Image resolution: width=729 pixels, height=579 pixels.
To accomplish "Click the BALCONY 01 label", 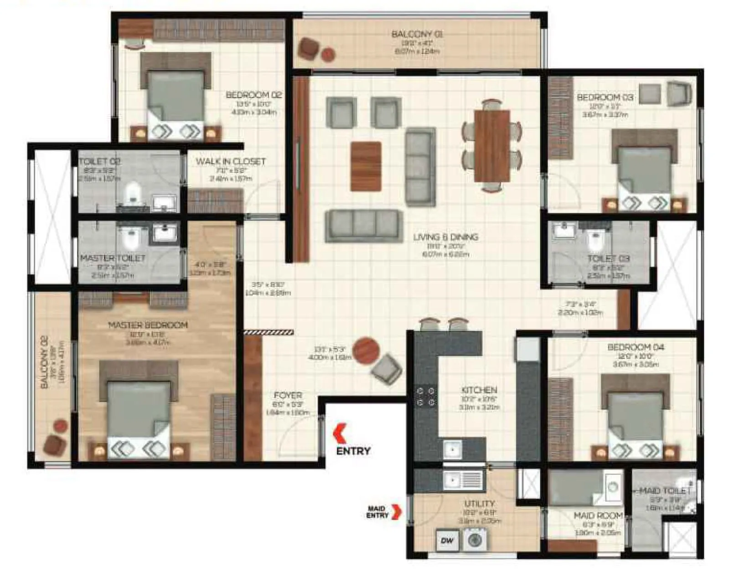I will [x=417, y=34].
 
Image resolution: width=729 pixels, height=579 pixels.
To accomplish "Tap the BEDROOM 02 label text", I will [x=253, y=95].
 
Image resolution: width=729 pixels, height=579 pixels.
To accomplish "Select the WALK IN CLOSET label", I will [x=231, y=161].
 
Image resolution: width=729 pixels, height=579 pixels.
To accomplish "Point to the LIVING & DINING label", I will [x=445, y=237].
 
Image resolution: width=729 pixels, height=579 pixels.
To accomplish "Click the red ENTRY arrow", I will [x=340, y=434].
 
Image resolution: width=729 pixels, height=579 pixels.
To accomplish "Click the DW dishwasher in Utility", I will [x=447, y=540].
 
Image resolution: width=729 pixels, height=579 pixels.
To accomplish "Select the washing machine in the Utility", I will [x=476, y=540].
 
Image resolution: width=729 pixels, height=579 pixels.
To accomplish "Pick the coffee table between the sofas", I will [x=366, y=166].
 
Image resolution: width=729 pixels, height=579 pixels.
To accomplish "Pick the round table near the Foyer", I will [x=366, y=350].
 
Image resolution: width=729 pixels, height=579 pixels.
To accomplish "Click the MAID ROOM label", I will [x=598, y=516].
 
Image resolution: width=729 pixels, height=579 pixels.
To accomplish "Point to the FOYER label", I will [x=288, y=395].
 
